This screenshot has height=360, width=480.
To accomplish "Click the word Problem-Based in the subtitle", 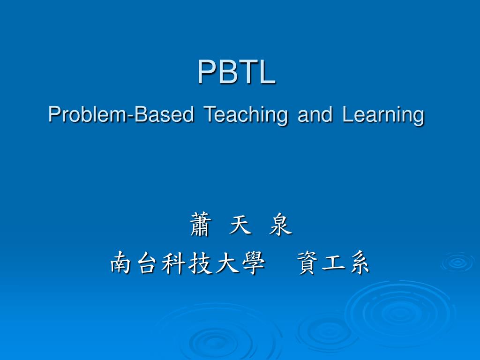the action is (x=121, y=114).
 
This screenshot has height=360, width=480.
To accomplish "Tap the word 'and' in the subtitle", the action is (x=315, y=114).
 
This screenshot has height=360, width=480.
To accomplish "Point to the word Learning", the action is (x=383, y=115).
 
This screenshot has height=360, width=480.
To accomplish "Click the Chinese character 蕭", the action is (x=200, y=225).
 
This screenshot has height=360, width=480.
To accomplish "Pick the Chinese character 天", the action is (x=240, y=225).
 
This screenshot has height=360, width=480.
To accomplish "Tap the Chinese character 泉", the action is (x=280, y=225).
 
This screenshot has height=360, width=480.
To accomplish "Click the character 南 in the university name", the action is (x=122, y=262).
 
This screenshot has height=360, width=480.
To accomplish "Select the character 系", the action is (x=359, y=262).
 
